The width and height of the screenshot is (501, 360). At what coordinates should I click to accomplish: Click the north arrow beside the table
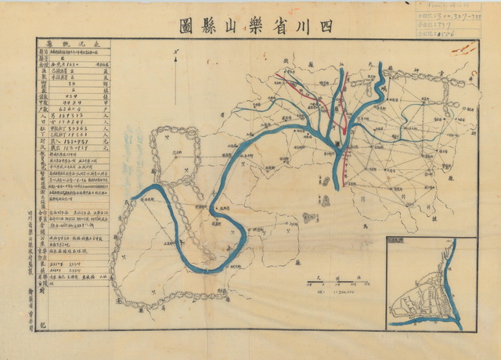(178, 56)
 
